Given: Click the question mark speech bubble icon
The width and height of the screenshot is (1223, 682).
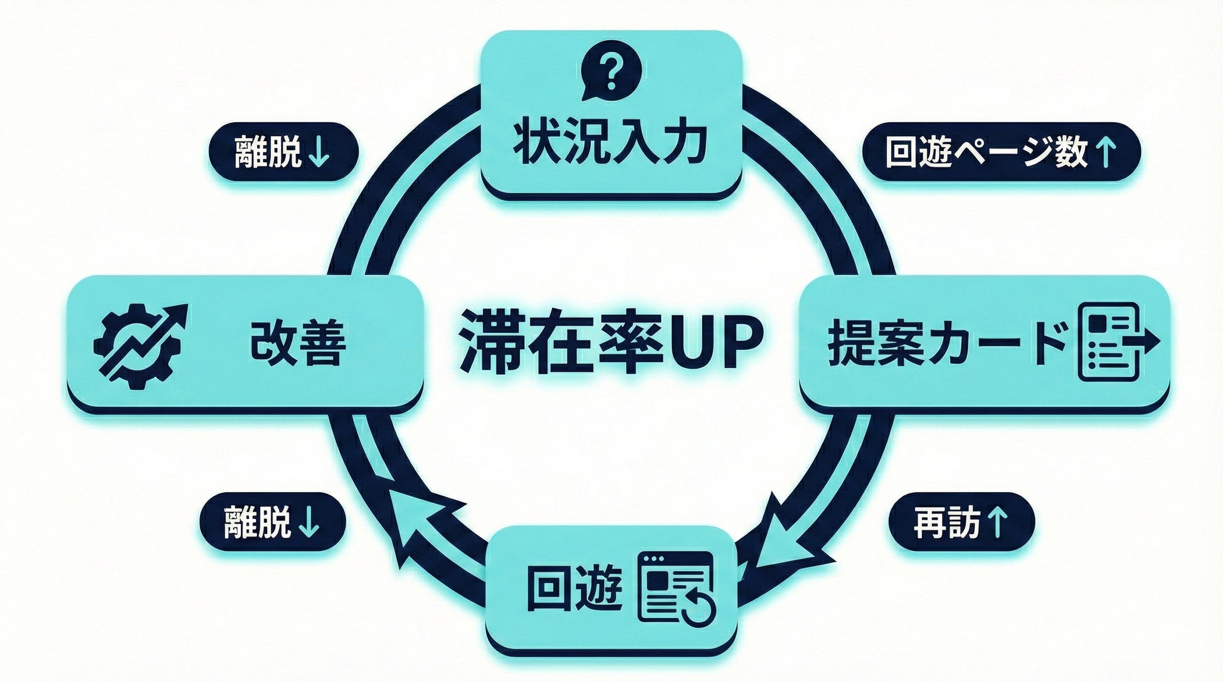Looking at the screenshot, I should click(611, 74).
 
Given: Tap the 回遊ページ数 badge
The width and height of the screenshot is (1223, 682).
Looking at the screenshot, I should click(1000, 152).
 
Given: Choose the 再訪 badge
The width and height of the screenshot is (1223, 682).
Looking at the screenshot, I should click(960, 522).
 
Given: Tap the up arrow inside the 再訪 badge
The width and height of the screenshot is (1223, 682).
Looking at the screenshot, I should click(997, 522).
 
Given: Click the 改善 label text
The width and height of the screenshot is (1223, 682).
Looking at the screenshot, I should click(298, 344).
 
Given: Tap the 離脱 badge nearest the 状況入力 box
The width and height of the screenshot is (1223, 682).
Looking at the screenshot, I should click(283, 152).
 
